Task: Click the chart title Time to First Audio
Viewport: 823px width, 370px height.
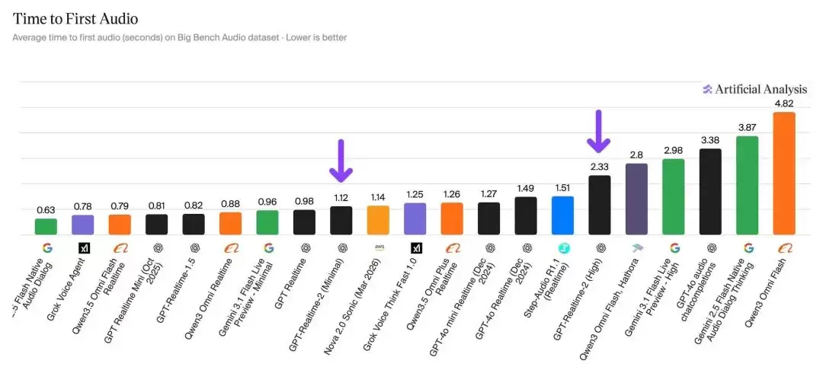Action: (x=75, y=19)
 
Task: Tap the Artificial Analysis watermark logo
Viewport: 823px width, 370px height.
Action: (x=707, y=89)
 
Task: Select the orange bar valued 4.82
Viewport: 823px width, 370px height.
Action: (x=784, y=174)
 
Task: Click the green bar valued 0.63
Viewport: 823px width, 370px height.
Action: (x=46, y=226)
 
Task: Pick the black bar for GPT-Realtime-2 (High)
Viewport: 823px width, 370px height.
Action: (x=600, y=205)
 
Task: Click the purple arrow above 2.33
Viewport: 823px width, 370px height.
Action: (x=598, y=131)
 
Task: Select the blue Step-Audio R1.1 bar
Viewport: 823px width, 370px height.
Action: (x=562, y=215)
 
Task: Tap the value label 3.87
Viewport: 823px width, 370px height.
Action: (x=748, y=127)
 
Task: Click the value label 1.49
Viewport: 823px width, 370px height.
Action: (x=526, y=188)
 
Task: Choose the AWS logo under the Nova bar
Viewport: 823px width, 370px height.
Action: (x=379, y=247)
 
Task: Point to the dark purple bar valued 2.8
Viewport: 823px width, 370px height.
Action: (x=636, y=199)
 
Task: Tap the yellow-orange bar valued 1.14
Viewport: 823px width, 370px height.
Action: (x=379, y=220)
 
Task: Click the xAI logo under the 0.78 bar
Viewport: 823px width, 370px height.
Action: (x=84, y=248)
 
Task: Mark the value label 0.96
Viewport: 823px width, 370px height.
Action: (x=267, y=201)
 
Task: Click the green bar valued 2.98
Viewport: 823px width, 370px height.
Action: (x=674, y=197)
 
